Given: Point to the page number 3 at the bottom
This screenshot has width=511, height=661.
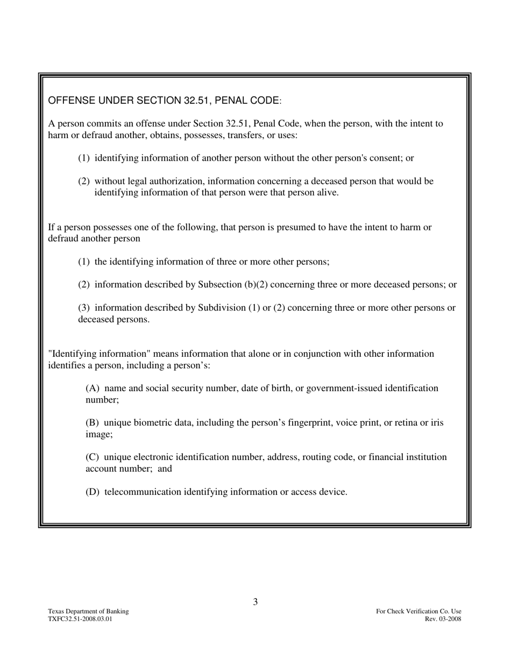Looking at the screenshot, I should pos(256,602).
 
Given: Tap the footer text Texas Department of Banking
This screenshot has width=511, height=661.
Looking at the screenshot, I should pos(88,611).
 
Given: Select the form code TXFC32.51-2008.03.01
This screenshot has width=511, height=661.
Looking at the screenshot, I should pos(80,619).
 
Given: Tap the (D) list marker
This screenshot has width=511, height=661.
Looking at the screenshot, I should pos(93,492).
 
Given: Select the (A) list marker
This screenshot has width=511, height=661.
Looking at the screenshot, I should pos(93,389).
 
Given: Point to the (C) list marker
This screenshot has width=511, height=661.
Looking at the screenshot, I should pos(93,457).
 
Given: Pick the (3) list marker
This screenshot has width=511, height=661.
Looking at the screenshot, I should pos(84,308).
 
